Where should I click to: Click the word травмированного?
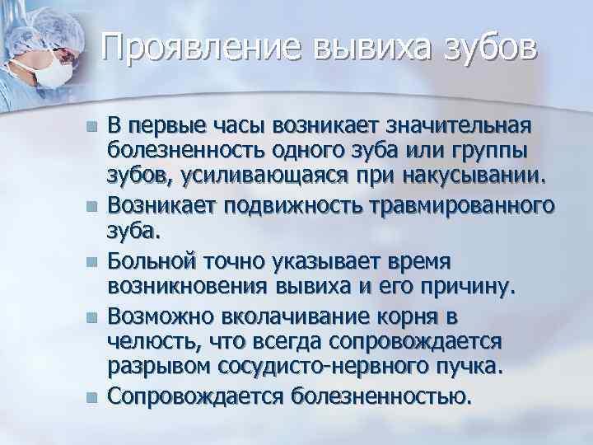coord(467,208)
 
